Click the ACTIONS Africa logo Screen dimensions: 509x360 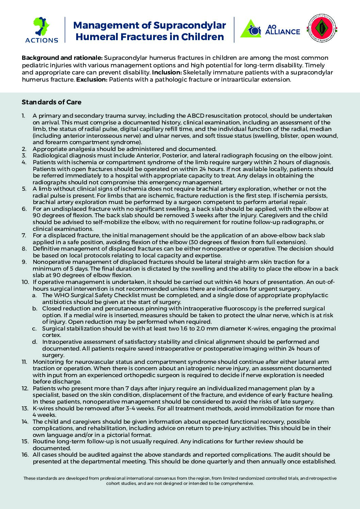(x=42, y=30)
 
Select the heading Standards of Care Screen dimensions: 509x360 (x=51, y=102)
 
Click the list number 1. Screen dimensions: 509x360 (x=23, y=116)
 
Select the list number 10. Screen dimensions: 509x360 (x=25, y=282)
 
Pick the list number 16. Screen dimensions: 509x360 (x=25, y=455)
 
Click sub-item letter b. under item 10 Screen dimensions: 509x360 (x=34, y=308)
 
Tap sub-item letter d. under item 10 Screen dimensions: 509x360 (x=34, y=342)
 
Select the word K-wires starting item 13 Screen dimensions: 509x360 (x=43, y=408)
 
